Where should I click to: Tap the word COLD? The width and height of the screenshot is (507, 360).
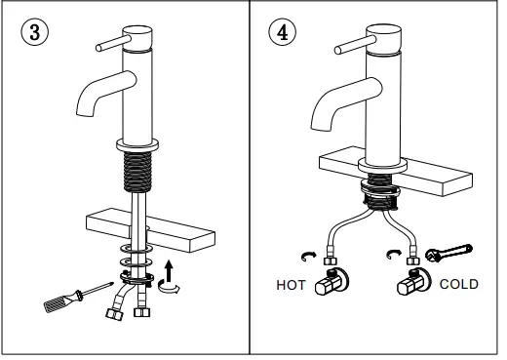tap(459, 285)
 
